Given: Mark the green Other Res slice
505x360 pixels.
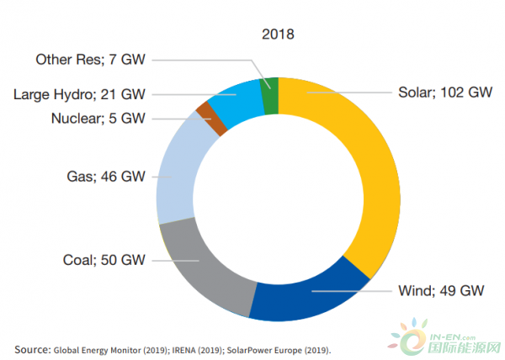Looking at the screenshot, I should [x=270, y=82].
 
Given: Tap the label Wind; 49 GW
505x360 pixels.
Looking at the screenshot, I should [x=440, y=292].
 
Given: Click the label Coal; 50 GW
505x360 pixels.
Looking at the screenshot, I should [x=100, y=260].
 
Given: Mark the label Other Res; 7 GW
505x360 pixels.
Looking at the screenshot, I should [x=88, y=60].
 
